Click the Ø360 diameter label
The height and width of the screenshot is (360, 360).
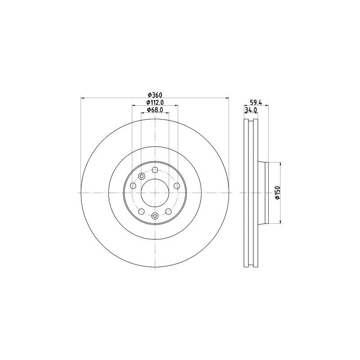coord(155,95)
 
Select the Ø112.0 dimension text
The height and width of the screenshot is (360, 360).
coord(155,103)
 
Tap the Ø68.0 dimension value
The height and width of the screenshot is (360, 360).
coord(155,110)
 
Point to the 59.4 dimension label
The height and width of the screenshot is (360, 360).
coord(256,103)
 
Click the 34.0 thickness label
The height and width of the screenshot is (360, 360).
coord(251,110)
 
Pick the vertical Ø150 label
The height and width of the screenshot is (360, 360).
coord(278,193)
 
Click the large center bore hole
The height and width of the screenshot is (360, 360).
coord(155,193)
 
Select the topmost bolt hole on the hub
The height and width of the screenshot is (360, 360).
coord(155,170)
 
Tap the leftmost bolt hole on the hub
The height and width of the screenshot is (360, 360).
coord(133,185)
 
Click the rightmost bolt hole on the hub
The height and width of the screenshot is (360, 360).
coord(177,185)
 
